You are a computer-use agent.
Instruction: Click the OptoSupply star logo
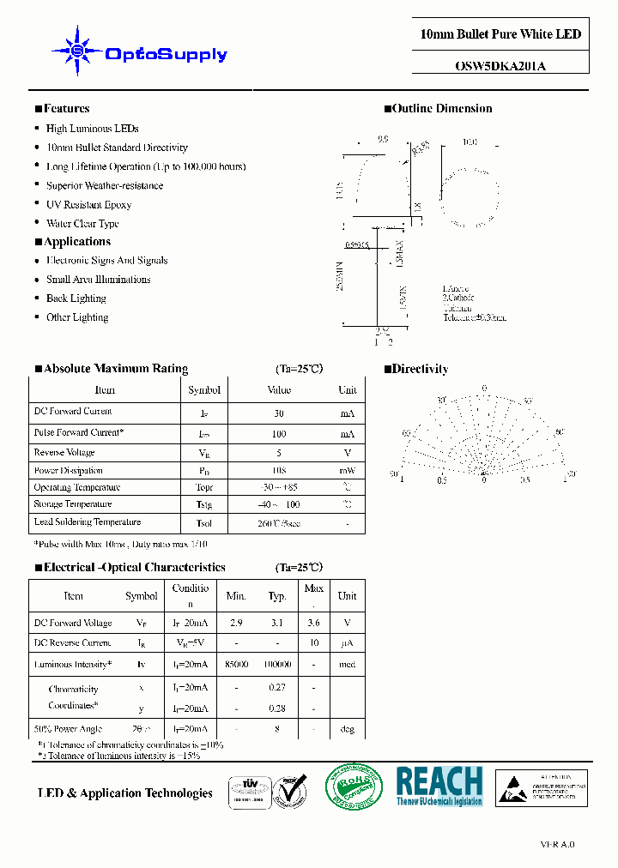[x=75, y=52]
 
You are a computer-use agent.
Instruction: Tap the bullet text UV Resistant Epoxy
[x=88, y=205]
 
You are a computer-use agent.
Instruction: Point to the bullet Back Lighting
[x=76, y=298]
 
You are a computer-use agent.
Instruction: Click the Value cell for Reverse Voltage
[x=279, y=453]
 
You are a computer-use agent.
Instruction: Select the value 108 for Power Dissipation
[x=279, y=471]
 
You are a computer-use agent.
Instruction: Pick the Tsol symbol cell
[x=203, y=523]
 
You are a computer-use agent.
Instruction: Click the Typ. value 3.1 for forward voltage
[x=276, y=624]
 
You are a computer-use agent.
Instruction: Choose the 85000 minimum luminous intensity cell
[x=236, y=665]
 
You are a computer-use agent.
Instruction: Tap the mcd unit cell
[x=347, y=665]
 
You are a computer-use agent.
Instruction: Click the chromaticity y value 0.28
[x=276, y=708]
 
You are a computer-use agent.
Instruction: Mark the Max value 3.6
[x=314, y=624]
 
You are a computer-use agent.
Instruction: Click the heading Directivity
[x=420, y=370]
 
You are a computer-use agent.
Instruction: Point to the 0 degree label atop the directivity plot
[x=484, y=389]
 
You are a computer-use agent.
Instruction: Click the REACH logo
[x=439, y=785]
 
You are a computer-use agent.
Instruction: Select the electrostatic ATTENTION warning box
[x=542, y=788]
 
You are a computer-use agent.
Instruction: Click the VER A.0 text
[x=557, y=844]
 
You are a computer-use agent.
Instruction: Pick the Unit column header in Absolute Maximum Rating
[x=347, y=390]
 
